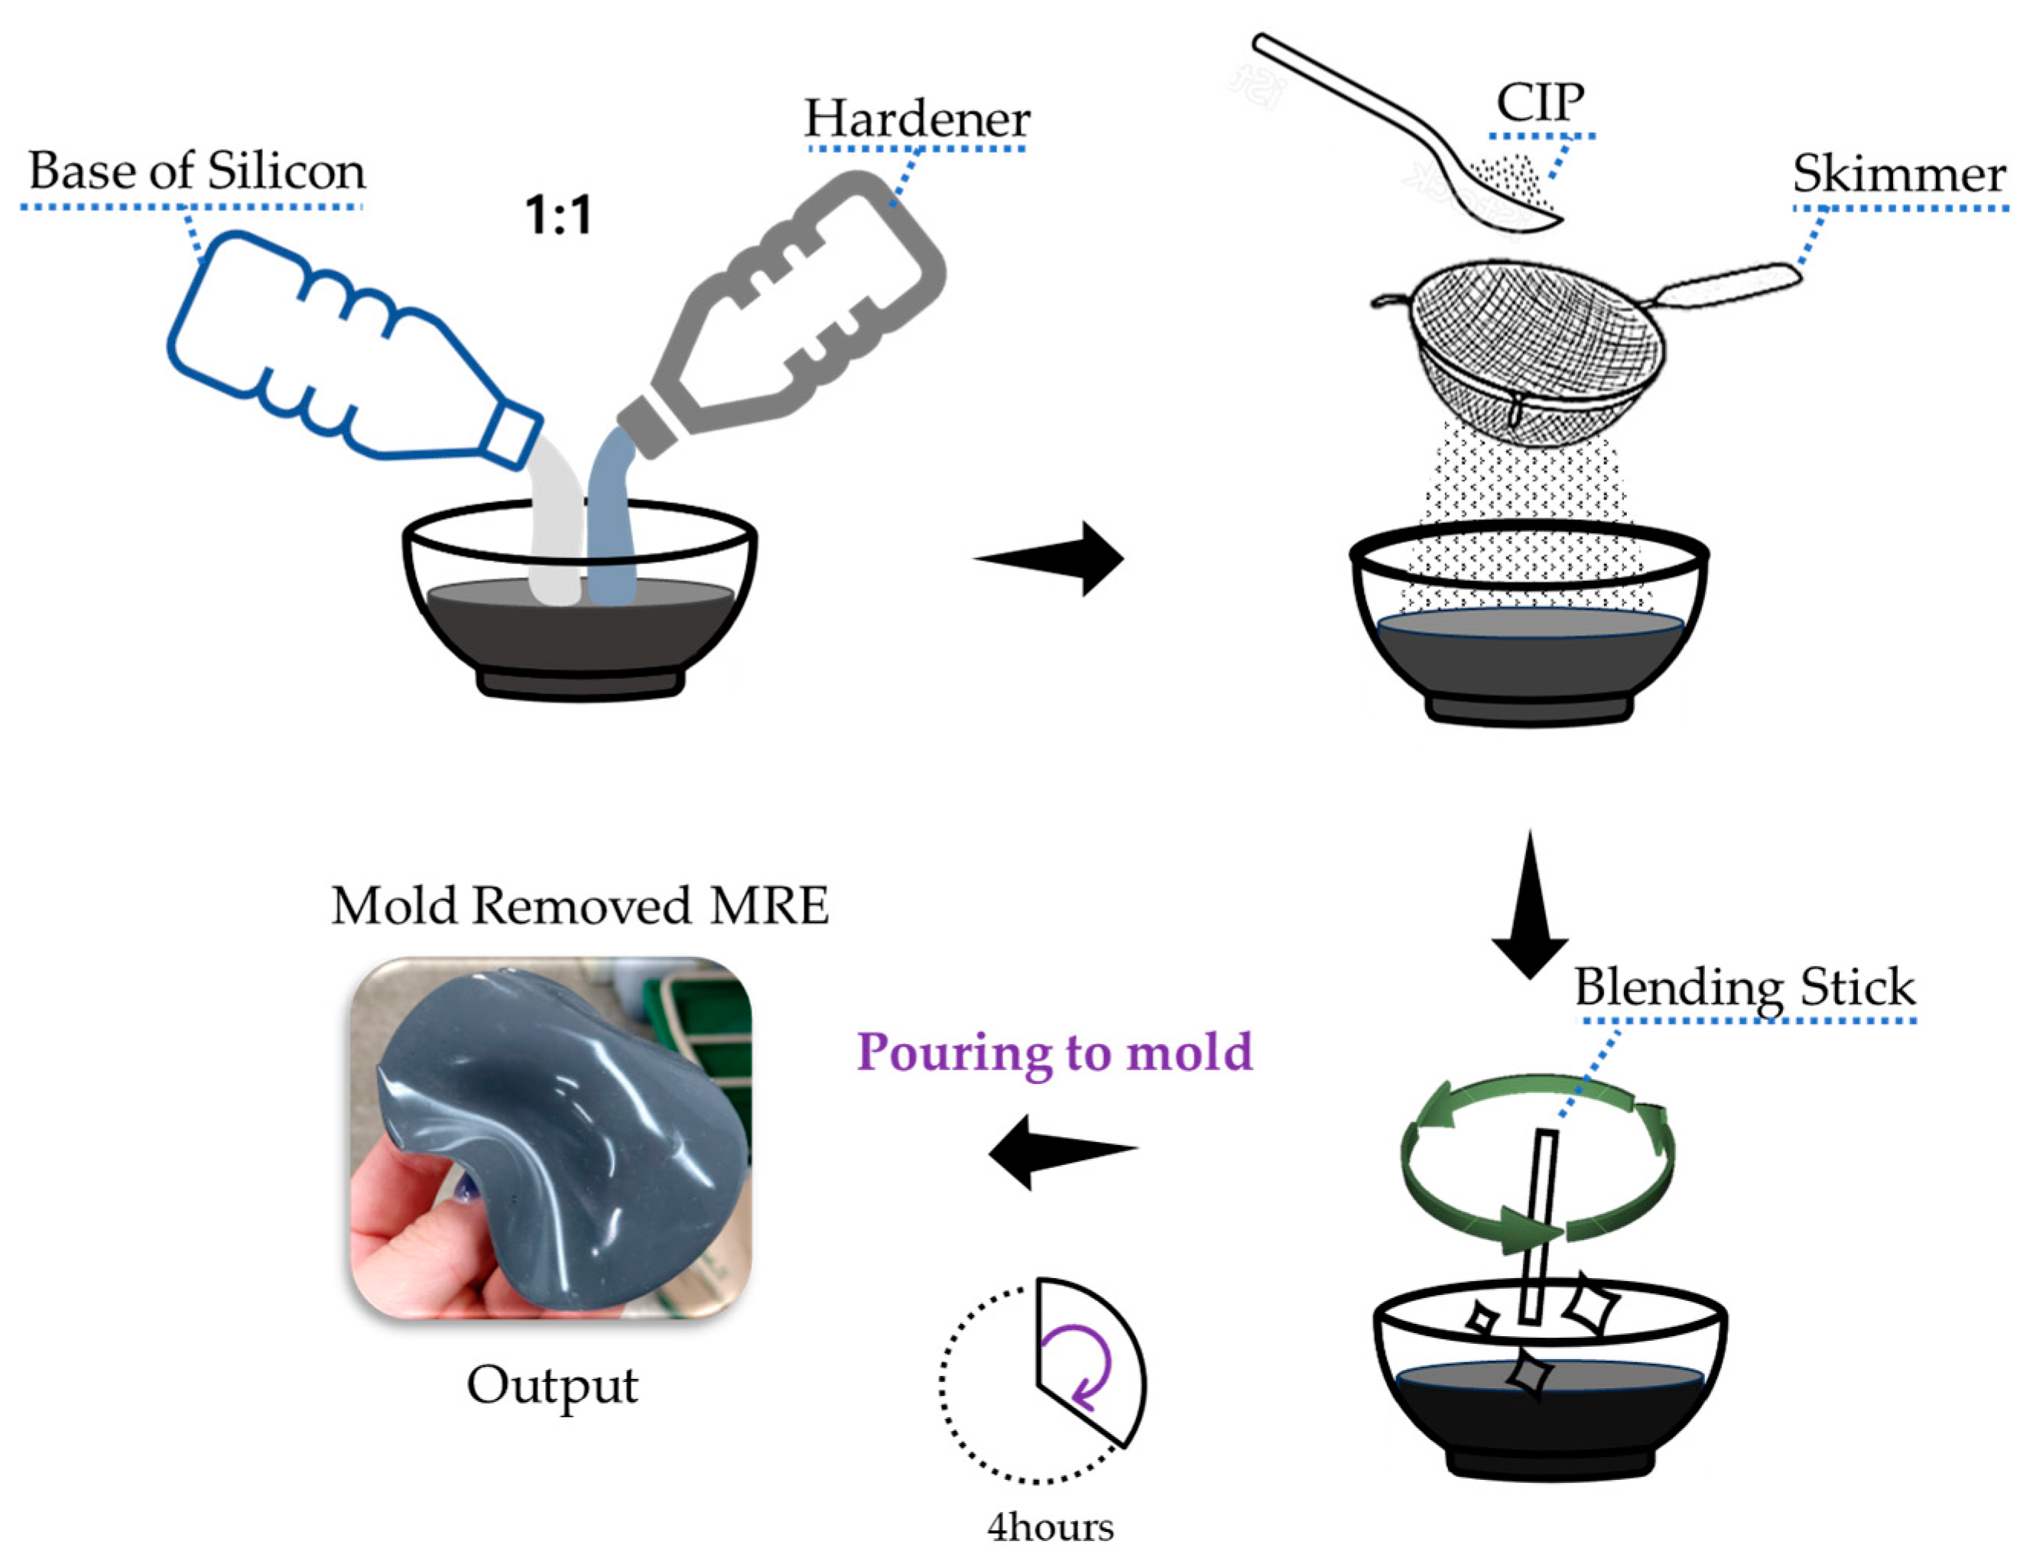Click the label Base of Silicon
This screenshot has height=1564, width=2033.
click(196, 171)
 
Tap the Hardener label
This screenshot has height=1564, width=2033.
click(917, 119)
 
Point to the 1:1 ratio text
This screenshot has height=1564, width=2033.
click(557, 216)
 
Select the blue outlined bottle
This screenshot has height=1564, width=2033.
click(344, 354)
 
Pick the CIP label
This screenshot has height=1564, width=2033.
click(1540, 102)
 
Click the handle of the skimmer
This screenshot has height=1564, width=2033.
click(1732, 284)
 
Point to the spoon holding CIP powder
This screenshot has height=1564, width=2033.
click(1415, 130)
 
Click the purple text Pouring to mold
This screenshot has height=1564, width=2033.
click(1054, 1053)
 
